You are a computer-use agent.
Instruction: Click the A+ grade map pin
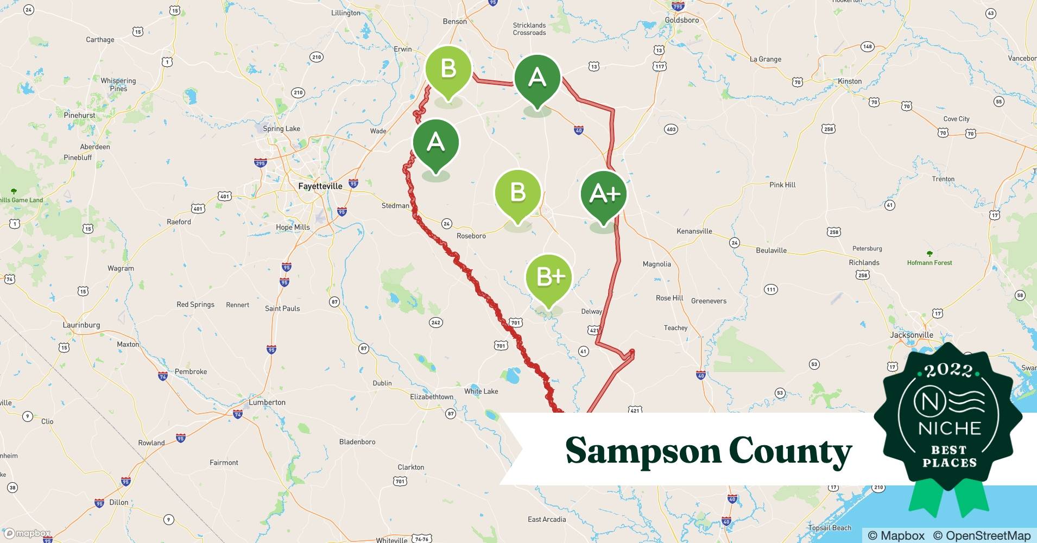(x=604, y=194)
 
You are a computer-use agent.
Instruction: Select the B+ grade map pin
(x=548, y=277)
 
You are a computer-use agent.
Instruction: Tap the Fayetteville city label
(x=320, y=186)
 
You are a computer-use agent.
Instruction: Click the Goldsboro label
(x=682, y=20)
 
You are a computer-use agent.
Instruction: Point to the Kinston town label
(x=850, y=81)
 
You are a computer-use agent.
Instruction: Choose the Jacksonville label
(x=912, y=335)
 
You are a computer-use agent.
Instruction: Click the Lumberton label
(x=267, y=402)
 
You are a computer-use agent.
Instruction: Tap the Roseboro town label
(x=471, y=236)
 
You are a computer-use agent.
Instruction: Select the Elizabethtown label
(x=432, y=397)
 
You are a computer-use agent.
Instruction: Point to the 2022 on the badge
(x=949, y=371)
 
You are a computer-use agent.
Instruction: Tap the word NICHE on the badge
(x=950, y=428)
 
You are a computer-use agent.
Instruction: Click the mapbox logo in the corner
(x=27, y=533)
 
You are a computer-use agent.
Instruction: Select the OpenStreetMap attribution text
(x=982, y=535)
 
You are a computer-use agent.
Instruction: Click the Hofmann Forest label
(x=929, y=263)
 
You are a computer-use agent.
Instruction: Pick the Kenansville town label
(x=694, y=231)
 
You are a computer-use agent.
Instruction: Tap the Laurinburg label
(x=81, y=325)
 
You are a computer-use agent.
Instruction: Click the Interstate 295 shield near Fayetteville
(x=260, y=163)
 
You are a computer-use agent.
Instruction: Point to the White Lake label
(x=481, y=392)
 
